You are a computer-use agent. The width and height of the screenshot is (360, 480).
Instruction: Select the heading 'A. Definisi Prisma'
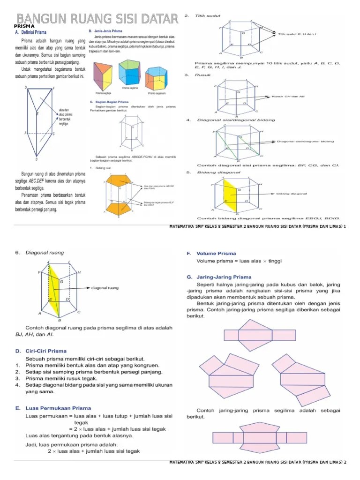(x=31, y=33)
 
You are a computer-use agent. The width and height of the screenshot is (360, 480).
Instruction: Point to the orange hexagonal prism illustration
(x=157, y=77)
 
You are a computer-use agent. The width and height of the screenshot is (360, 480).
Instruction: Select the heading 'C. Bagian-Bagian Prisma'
(x=109, y=102)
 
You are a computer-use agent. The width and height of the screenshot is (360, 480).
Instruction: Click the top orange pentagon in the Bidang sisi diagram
(x=121, y=180)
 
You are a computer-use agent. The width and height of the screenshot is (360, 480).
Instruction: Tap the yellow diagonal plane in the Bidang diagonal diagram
(x=230, y=193)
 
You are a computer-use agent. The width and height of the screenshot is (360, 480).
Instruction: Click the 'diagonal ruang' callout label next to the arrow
(x=105, y=288)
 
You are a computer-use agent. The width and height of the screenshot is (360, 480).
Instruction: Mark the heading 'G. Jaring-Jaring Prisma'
(x=219, y=277)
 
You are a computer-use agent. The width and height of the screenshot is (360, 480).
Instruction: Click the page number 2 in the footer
(x=345, y=463)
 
